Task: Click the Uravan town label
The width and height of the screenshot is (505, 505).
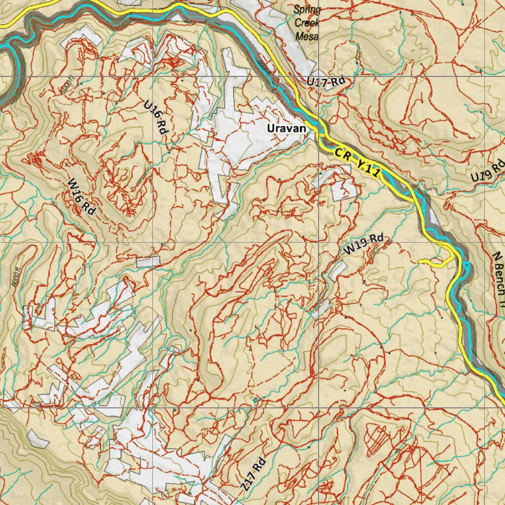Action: (x=287, y=128)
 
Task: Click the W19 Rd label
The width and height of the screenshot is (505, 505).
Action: (x=363, y=244)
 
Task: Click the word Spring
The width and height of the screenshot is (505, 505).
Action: (x=307, y=10)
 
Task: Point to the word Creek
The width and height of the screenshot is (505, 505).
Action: (x=307, y=23)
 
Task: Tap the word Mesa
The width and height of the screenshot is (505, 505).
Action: (x=307, y=36)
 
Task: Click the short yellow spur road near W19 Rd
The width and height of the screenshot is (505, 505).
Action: (x=434, y=262)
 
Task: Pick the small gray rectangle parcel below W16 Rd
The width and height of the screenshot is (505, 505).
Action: (x=148, y=261)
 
